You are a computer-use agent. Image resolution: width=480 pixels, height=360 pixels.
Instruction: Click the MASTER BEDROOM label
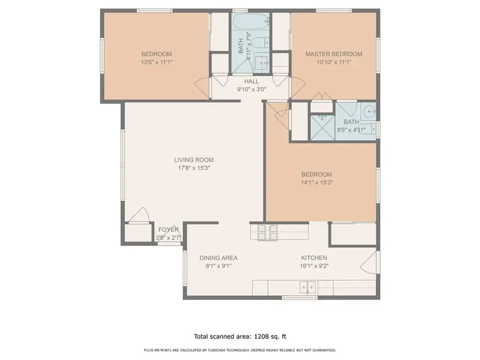pos(333,54)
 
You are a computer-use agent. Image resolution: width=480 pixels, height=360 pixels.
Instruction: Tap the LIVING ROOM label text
pos(194,159)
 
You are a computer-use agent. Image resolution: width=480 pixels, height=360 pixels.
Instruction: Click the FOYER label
pos(168,230)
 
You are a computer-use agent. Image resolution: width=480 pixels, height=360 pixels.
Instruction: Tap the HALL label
pos(251,82)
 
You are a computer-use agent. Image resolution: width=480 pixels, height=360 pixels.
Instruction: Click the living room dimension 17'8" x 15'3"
pos(194,167)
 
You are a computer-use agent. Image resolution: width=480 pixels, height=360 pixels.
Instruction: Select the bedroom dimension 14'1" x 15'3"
pos(316,182)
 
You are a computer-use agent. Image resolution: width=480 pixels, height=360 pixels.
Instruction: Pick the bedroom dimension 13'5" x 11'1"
pos(156,62)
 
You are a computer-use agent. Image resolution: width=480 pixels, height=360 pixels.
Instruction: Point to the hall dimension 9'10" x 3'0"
pos(251,90)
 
